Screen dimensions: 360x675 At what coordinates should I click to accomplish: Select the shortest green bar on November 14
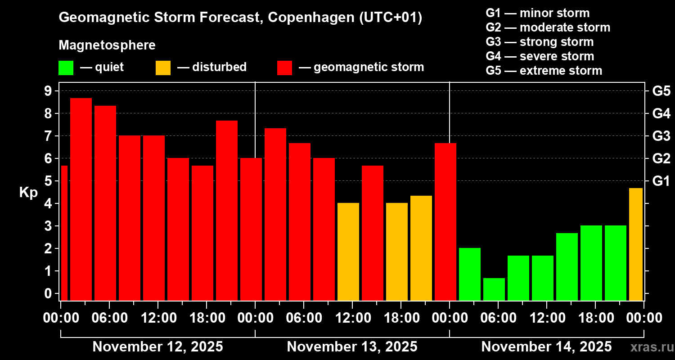[x=494, y=289]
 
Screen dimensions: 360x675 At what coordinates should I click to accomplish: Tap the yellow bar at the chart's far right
[x=636, y=244]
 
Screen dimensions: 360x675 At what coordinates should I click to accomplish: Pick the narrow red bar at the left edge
[x=64, y=232]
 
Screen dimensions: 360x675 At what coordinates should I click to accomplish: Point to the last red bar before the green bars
[x=445, y=221]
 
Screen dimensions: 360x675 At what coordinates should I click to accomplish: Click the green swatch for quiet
[x=66, y=68]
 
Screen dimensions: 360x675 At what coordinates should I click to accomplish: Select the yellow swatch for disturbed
[x=163, y=68]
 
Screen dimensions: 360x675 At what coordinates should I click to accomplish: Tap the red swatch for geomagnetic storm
[x=284, y=68]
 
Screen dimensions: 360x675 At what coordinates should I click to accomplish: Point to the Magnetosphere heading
[x=107, y=45]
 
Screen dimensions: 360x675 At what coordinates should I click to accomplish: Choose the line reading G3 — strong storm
[x=540, y=42]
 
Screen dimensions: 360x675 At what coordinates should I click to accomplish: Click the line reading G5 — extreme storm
[x=544, y=71]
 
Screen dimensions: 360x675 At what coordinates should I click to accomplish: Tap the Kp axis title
[x=28, y=192]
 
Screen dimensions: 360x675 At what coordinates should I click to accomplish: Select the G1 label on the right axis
[x=661, y=181]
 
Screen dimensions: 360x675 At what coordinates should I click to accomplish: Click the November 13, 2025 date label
[x=352, y=347]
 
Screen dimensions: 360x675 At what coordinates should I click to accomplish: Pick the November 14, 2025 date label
[x=546, y=347]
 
